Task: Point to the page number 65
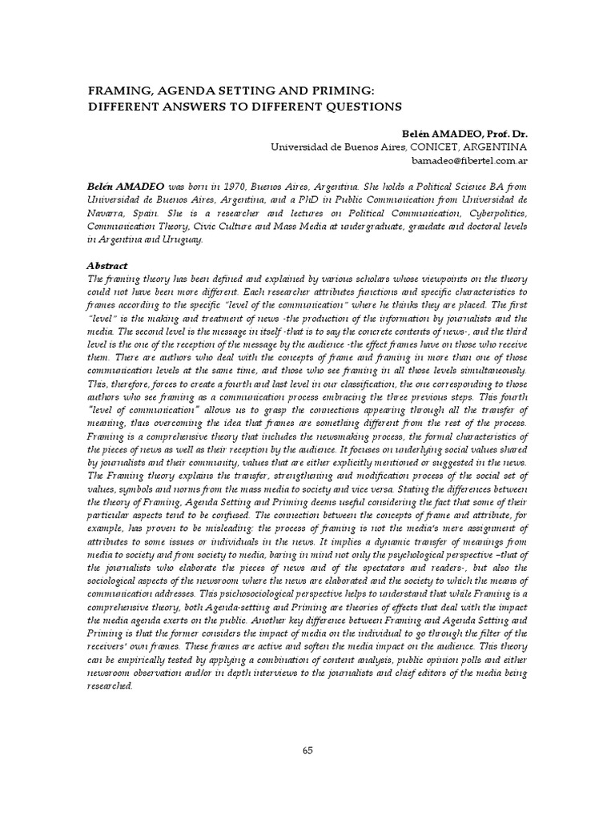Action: pos(307,750)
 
